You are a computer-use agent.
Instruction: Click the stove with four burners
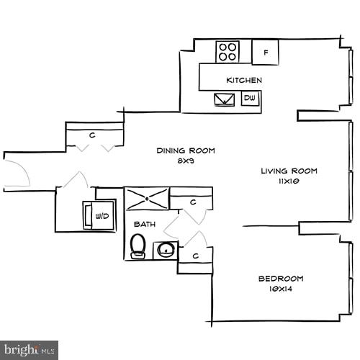(x=228, y=51)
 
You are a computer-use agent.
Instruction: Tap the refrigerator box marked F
(x=266, y=52)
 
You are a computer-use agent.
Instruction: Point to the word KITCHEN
(x=244, y=80)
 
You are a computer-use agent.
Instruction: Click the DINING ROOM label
(x=186, y=150)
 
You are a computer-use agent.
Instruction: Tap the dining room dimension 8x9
(x=186, y=161)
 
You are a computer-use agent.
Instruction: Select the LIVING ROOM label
(x=289, y=171)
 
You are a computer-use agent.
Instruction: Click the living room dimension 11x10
(x=289, y=181)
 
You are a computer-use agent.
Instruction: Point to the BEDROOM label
(x=281, y=279)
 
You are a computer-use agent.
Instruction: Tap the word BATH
(x=145, y=225)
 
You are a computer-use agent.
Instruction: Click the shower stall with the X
(x=147, y=198)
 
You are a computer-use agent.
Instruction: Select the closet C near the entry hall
(x=94, y=135)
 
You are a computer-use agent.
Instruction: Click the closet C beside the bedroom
(x=195, y=256)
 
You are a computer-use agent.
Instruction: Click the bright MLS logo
(x=29, y=350)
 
